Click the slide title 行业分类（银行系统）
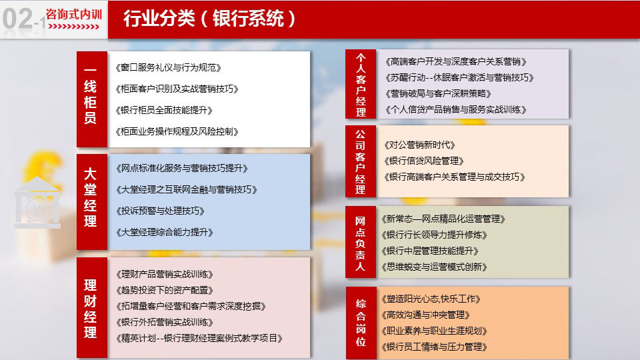pos(209,19)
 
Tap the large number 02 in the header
pos(17,19)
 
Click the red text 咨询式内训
pos(74,14)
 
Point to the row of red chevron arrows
pos(74,27)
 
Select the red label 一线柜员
pos(90,96)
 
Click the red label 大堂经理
pos(90,197)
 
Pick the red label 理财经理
pos(90,309)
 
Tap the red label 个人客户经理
pos(361,85)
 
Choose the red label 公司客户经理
pos(360,161)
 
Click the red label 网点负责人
pos(360,244)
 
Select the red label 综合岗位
pos(361,323)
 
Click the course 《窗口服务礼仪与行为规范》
pos(168,68)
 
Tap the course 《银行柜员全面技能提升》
pos(164,110)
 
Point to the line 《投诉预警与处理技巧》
pos(160,211)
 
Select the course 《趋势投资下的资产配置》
pos(165,290)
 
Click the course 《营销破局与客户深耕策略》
pos(438,93)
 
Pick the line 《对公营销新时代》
pos(419,145)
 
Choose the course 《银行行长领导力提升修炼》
pos(434,235)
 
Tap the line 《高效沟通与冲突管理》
pos(426,315)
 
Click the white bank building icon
pos(37,202)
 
